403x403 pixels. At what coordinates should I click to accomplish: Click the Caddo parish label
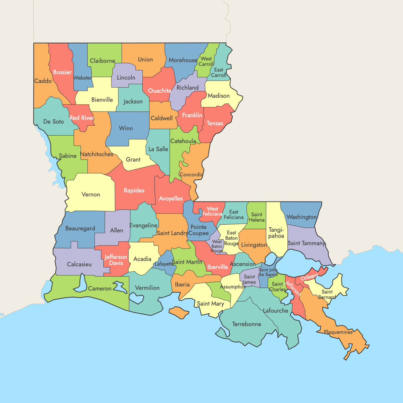[43, 81]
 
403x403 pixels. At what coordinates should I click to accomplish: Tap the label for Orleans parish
[309, 277]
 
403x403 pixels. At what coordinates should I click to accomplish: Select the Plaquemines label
[338, 332]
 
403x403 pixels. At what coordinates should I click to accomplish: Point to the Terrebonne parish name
[247, 324]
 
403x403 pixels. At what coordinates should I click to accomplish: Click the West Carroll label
[206, 61]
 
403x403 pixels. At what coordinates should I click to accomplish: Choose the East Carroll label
[219, 73]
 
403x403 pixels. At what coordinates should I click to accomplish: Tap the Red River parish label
[82, 118]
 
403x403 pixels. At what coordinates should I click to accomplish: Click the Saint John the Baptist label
[268, 272]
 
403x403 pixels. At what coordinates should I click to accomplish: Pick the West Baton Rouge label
[217, 246]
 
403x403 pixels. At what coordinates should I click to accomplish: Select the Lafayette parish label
[164, 264]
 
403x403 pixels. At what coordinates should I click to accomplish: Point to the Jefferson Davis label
[116, 260]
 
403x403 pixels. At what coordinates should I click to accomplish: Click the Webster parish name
[82, 78]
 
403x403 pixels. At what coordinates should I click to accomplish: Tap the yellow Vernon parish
[91, 194]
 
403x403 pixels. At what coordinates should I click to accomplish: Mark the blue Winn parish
[126, 128]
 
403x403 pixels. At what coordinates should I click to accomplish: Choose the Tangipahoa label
[276, 233]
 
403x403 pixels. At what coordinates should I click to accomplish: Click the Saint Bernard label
[327, 295]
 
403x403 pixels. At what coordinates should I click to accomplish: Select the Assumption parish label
[233, 287]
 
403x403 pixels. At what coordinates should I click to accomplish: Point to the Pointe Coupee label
[198, 230]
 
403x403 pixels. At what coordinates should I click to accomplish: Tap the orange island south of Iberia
[179, 312]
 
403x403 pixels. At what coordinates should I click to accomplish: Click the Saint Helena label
[257, 217]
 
